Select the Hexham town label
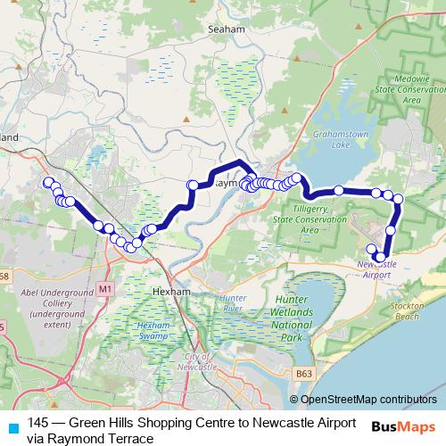167,291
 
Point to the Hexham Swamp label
153,331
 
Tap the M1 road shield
105,289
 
